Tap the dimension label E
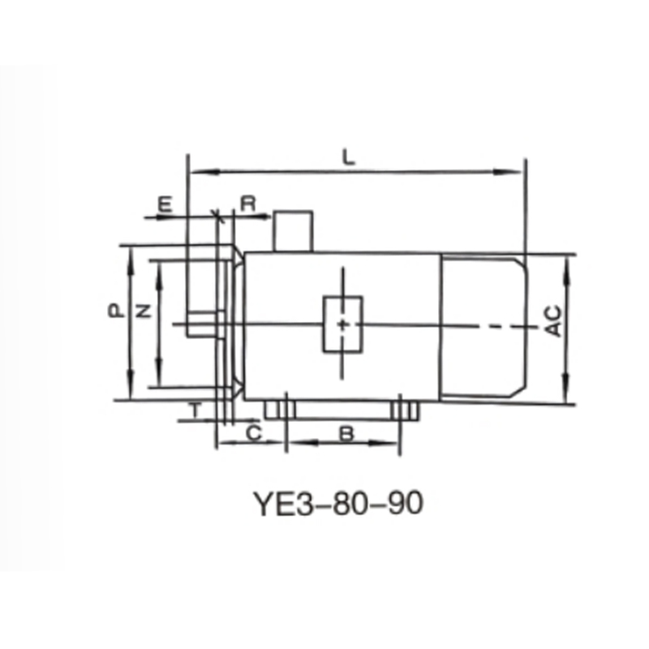point(165,204)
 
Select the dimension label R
point(249,204)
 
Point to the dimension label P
point(116,311)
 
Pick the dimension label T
point(195,411)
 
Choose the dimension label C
point(253,434)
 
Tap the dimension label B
point(346,434)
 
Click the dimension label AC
point(552,321)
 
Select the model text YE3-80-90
point(338,504)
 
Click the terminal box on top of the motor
point(293,231)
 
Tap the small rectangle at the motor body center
point(343,324)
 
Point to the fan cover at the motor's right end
point(484,325)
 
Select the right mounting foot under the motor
point(405,410)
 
